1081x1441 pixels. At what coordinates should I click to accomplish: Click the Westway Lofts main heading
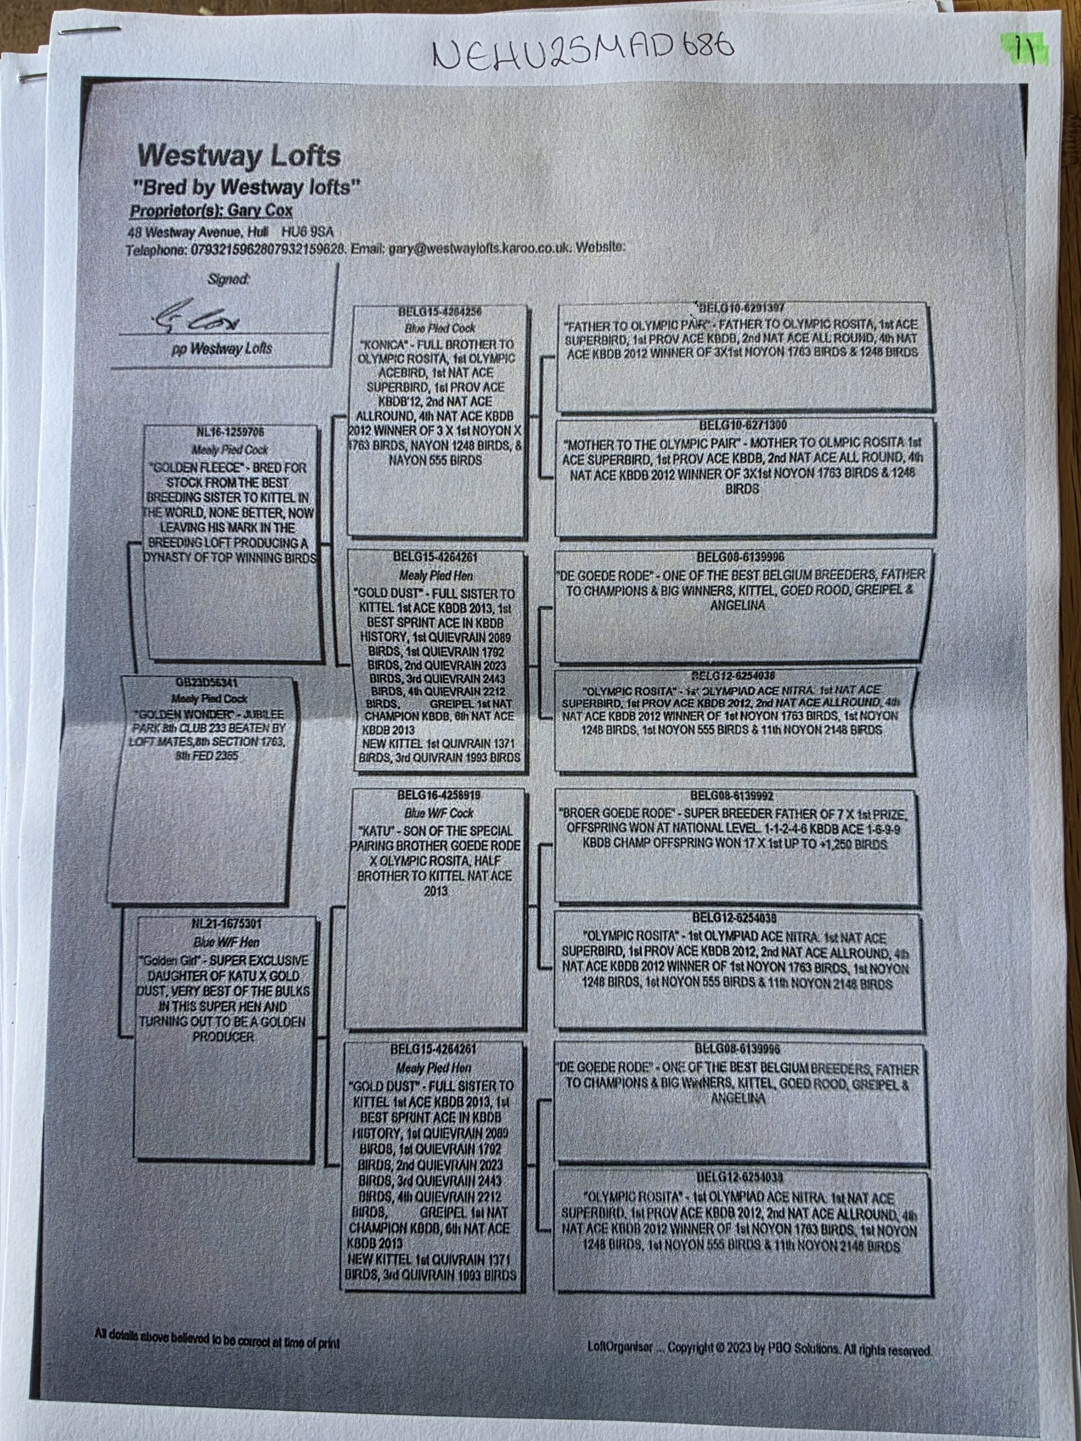point(239,156)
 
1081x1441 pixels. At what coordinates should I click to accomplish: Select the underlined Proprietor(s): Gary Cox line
point(211,211)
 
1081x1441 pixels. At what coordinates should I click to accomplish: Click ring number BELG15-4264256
point(439,312)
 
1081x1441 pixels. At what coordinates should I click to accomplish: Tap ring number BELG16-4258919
point(435,795)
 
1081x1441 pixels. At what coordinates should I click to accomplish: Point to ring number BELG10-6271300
point(740,425)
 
